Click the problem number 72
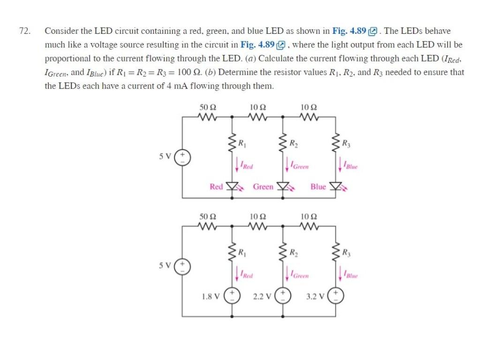click(24, 31)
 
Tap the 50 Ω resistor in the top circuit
click(207, 115)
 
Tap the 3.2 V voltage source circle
click(336, 297)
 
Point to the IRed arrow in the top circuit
click(237, 166)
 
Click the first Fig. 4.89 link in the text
click(349, 31)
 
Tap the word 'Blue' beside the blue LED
click(318, 187)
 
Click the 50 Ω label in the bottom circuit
click(207, 217)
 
